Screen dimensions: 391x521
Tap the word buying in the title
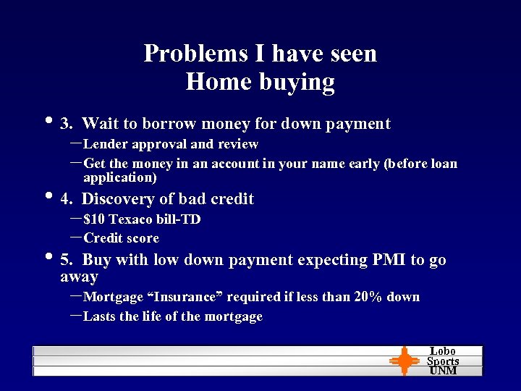(x=297, y=82)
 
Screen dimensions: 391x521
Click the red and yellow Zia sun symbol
(x=404, y=361)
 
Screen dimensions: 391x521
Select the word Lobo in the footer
(x=443, y=351)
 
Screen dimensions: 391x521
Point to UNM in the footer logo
(x=443, y=371)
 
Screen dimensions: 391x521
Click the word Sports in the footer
(x=443, y=361)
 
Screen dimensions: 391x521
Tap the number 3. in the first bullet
(x=69, y=124)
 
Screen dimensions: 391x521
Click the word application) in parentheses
(x=120, y=177)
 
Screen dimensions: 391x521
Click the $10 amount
(x=94, y=219)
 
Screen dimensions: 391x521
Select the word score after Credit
(x=142, y=238)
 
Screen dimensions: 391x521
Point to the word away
(x=79, y=277)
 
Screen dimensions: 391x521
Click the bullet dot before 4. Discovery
(x=48, y=197)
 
